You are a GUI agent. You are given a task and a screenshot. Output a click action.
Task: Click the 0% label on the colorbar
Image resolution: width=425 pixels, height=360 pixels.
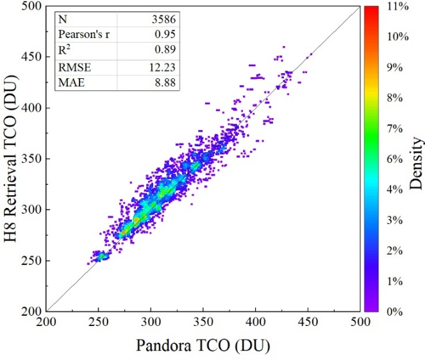point(396,311)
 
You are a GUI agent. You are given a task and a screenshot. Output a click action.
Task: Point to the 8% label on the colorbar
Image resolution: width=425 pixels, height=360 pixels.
point(396,98)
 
